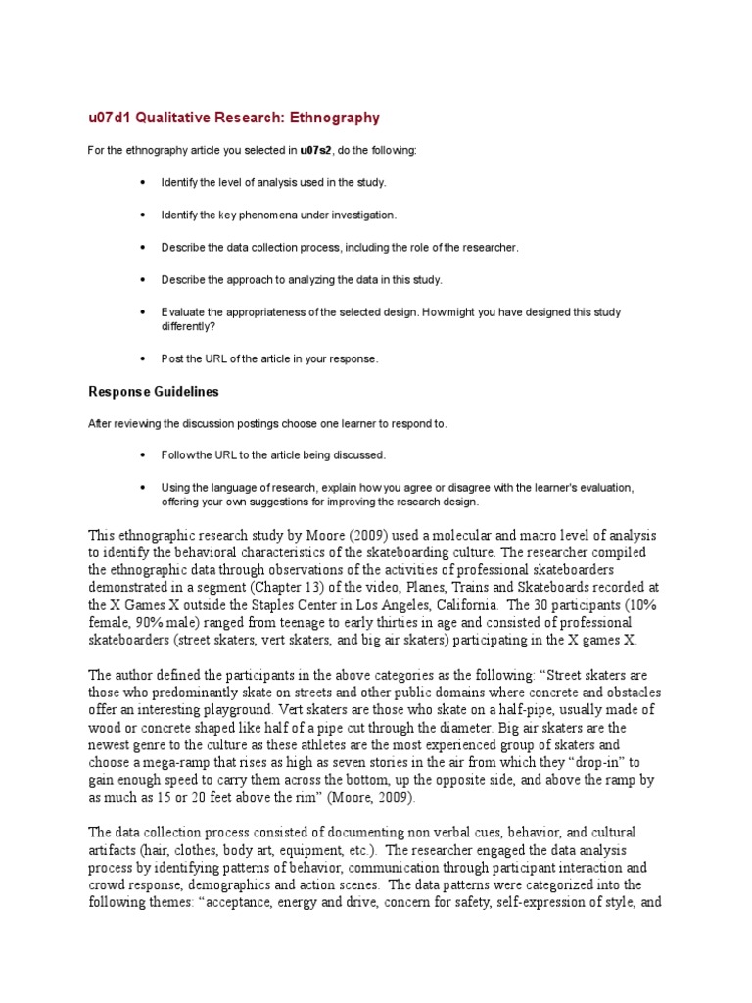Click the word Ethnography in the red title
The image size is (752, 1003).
pyautogui.click(x=333, y=118)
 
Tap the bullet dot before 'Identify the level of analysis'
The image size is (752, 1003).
pyautogui.click(x=143, y=182)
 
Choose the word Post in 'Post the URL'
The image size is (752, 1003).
pyautogui.click(x=172, y=358)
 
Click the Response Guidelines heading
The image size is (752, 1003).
pyautogui.click(x=154, y=391)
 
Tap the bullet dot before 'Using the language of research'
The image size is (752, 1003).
pyautogui.click(x=143, y=487)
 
